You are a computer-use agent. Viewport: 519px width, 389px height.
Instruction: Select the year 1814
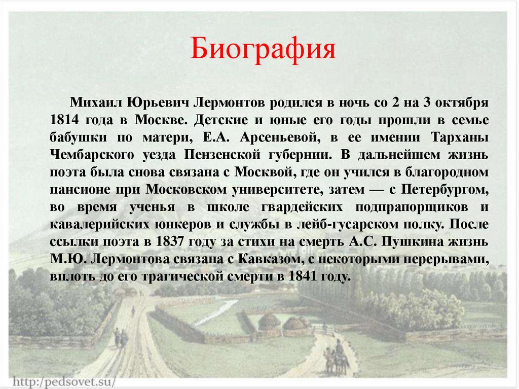(x=63, y=120)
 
